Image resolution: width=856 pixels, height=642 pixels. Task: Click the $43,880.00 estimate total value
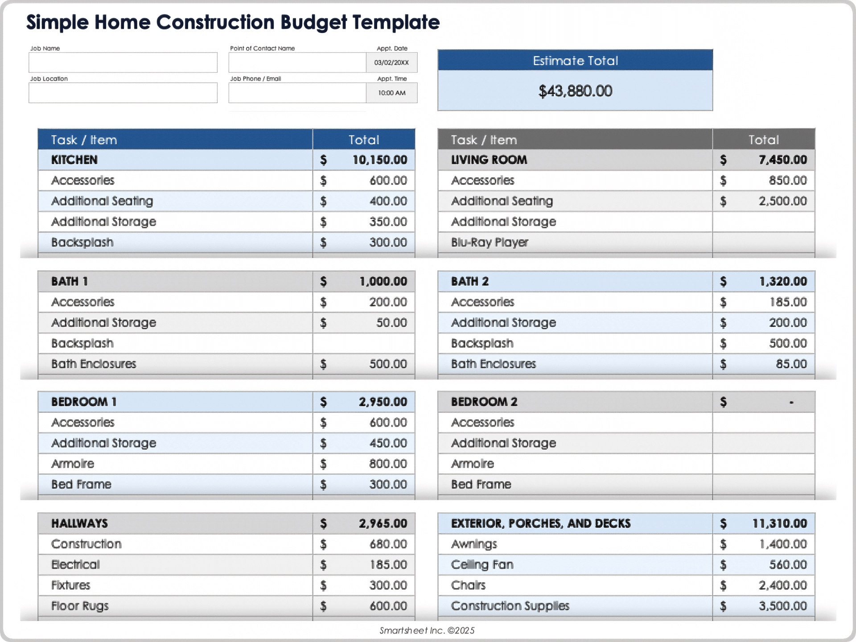coord(575,91)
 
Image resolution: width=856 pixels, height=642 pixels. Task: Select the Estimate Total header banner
coord(575,61)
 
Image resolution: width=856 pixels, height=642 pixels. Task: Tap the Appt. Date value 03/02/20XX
coord(391,62)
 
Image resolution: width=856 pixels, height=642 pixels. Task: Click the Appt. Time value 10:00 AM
coord(391,93)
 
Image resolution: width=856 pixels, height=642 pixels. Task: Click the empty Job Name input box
coord(123,62)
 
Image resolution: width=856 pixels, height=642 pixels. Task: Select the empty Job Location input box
coord(123,93)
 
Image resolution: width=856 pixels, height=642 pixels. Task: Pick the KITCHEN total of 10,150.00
coord(379,160)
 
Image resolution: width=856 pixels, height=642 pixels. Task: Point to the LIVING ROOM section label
coord(489,160)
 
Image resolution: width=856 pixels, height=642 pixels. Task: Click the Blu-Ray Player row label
coord(489,242)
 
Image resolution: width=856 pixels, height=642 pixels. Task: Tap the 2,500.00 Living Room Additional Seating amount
coord(782,201)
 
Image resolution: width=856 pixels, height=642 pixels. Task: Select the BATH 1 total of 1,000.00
coord(383,281)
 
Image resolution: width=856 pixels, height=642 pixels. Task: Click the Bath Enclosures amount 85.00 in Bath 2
coord(791,364)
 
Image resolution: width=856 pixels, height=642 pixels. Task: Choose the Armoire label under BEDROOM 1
coord(73,464)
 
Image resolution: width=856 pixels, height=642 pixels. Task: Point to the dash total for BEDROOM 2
coord(791,402)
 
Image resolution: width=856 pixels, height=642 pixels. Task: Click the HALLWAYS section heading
coord(79,523)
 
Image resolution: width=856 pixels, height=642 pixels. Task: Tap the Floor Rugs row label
coord(80,606)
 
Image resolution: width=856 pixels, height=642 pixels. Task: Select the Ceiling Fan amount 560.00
coord(788,564)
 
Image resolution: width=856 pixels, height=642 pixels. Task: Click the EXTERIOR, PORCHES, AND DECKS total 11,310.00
coord(779,523)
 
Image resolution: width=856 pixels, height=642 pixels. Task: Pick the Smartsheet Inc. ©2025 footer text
coord(427,630)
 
